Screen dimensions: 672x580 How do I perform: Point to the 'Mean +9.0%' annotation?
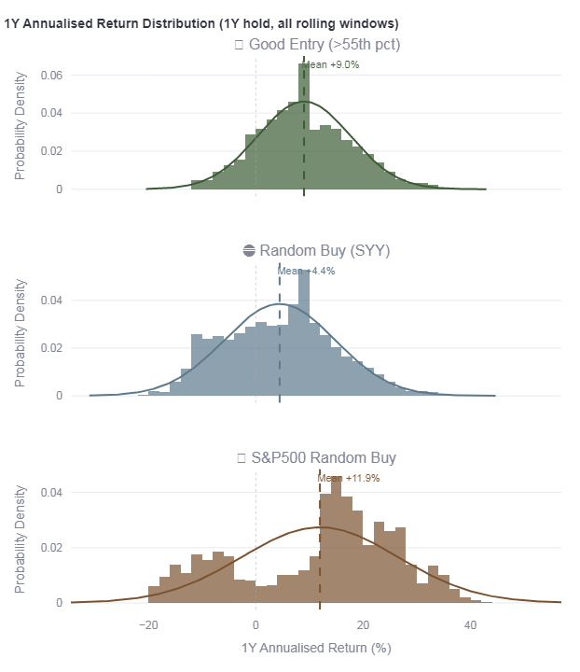[x=333, y=64]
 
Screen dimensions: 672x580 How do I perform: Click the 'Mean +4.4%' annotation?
[x=307, y=271]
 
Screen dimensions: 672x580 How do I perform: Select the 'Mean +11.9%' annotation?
[x=349, y=478]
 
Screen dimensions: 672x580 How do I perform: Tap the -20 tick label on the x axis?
[x=147, y=623]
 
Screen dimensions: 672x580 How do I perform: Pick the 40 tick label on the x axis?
[x=470, y=623]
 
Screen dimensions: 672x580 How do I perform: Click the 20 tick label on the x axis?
[x=363, y=623]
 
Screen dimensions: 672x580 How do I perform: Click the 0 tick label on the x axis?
[x=255, y=623]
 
